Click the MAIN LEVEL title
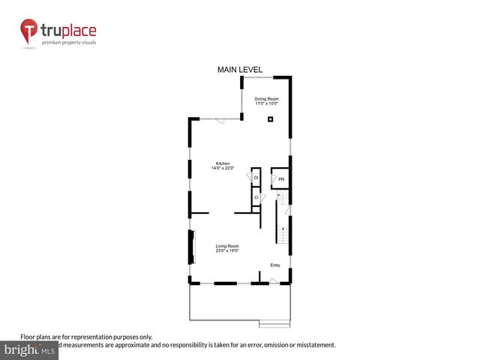click(x=240, y=70)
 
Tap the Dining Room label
click(x=265, y=98)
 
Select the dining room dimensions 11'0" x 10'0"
click(x=265, y=103)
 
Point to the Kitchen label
click(x=223, y=163)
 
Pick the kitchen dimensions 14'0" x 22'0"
click(x=223, y=169)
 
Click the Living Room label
click(x=227, y=246)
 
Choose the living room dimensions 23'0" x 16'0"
click(x=227, y=251)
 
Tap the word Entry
click(x=275, y=265)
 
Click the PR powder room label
click(x=281, y=179)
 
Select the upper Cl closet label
click(x=256, y=178)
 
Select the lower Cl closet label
click(x=256, y=197)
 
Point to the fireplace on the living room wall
click(x=190, y=247)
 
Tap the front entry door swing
click(x=274, y=280)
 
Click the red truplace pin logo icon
click(x=29, y=31)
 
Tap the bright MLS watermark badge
click(x=29, y=350)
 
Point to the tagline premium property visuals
click(x=68, y=43)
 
